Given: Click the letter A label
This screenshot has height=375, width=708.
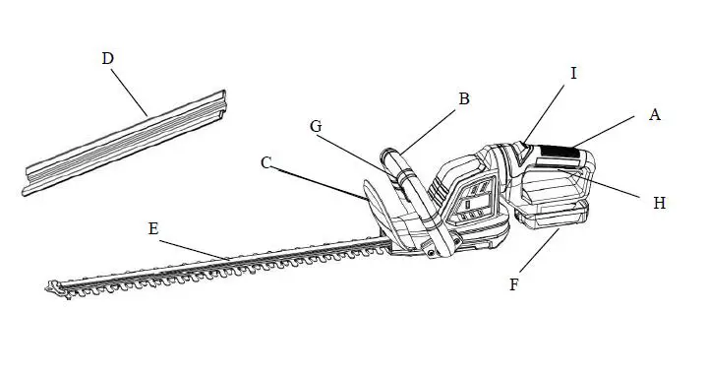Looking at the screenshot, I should [x=654, y=114].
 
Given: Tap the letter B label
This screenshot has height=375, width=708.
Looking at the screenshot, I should [x=464, y=98].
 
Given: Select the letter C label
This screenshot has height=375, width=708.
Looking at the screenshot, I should [x=266, y=163].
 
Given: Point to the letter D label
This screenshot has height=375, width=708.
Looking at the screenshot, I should [x=108, y=58].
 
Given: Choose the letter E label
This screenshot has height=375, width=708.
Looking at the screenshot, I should [x=152, y=227].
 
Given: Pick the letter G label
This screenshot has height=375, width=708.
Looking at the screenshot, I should [x=316, y=126].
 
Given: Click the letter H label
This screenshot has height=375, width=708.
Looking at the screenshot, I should [x=660, y=203].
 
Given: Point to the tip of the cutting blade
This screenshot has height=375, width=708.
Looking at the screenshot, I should [x=51, y=287].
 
